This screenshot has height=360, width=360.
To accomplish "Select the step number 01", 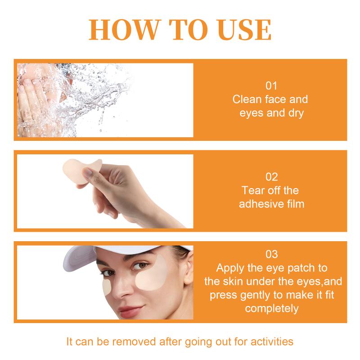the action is (271, 86).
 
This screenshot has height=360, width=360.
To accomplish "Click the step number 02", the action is (271, 177).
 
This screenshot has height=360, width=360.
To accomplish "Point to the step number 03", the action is (271, 254).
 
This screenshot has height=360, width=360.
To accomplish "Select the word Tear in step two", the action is (252, 190).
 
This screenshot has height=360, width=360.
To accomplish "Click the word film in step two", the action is (295, 204).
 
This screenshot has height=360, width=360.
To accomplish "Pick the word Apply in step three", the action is (230, 268).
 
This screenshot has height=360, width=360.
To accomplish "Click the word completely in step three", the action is (272, 309).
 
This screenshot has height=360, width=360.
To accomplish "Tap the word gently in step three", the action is (255, 296).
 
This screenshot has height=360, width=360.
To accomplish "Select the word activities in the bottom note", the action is (272, 342).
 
